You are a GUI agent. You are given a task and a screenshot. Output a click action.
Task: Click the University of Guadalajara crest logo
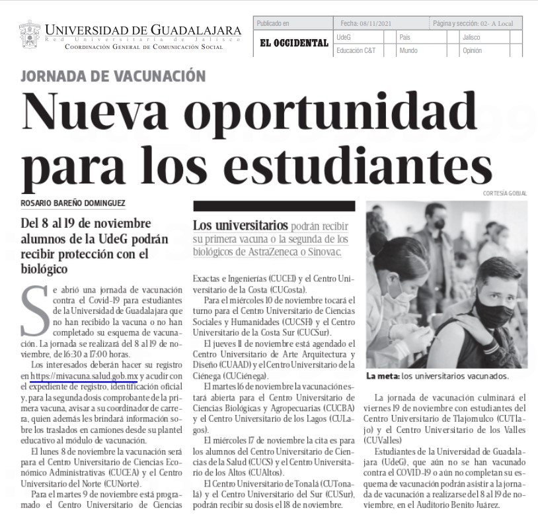click(30, 34)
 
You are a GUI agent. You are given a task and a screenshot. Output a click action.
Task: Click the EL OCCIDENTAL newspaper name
click(293, 43)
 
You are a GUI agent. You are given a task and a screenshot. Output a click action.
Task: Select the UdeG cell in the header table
click(344, 37)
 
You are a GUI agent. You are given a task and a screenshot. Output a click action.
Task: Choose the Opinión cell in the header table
click(472, 50)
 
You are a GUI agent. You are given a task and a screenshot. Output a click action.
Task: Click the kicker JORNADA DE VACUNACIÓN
click(113, 76)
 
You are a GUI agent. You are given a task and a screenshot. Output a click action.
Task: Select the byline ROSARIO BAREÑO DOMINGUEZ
click(73, 203)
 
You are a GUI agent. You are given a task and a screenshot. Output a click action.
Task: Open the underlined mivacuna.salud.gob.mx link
click(83, 377)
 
